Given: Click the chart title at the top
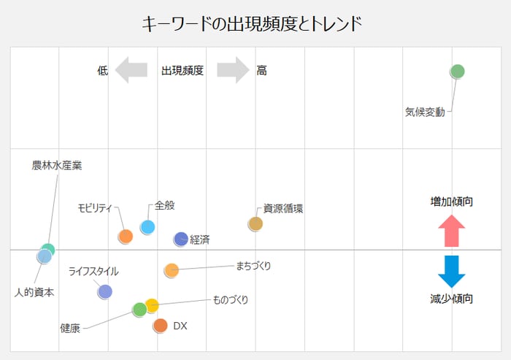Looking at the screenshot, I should [252, 23].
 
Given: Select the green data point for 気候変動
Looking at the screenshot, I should [457, 71].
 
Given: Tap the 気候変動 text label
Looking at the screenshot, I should [424, 112].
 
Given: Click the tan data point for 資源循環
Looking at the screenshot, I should [255, 223].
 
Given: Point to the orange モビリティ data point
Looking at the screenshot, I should [126, 236].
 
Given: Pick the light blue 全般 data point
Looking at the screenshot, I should [147, 227].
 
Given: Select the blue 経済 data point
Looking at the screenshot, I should [181, 239].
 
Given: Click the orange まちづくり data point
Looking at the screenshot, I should [172, 270].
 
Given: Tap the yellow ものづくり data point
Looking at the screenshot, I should [151, 305].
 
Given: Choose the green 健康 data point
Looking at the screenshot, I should [139, 310].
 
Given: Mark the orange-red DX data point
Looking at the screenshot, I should [161, 325].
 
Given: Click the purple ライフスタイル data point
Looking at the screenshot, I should [104, 291].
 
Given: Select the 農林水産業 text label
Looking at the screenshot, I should [57, 166].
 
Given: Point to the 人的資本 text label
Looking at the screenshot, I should [34, 292].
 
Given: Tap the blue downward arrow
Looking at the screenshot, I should [451, 271].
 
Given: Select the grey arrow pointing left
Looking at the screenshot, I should [132, 70].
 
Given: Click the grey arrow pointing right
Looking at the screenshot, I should [233, 70].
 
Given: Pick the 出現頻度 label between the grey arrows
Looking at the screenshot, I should [182, 71].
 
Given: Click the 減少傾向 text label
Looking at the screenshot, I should [451, 299].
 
